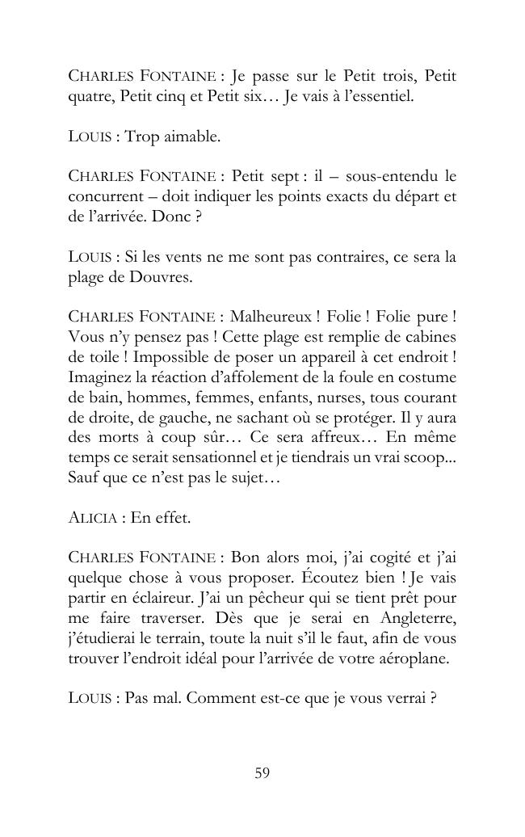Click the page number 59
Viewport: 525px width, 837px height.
(x=262, y=773)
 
